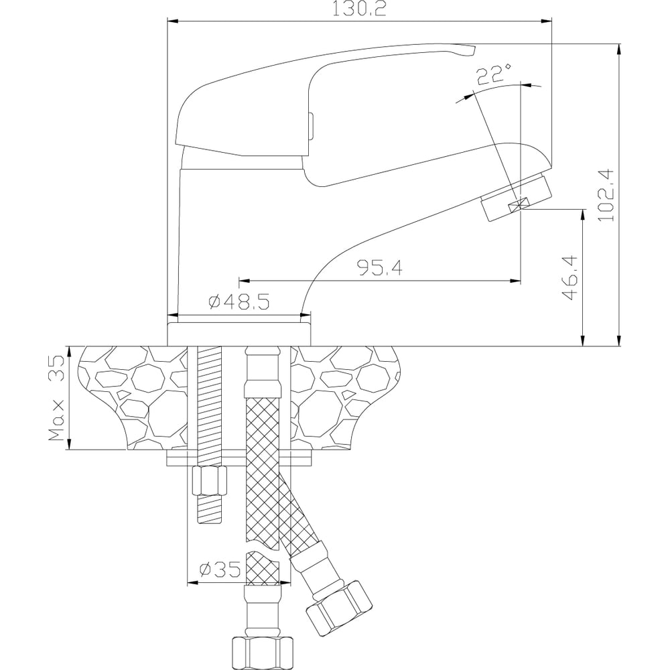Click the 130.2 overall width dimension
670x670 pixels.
[x=359, y=9]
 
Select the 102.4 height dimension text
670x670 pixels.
[x=606, y=195]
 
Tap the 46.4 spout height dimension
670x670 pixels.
[x=569, y=278]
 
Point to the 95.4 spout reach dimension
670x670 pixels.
[x=380, y=268]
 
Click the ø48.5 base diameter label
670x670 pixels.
[x=239, y=302]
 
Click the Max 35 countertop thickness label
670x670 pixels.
[x=56, y=398]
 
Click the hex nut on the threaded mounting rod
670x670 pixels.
[x=209, y=480]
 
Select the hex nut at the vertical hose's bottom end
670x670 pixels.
[x=263, y=653]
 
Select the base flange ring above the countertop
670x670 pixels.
[x=239, y=334]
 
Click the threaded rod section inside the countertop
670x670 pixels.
[x=209, y=397]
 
